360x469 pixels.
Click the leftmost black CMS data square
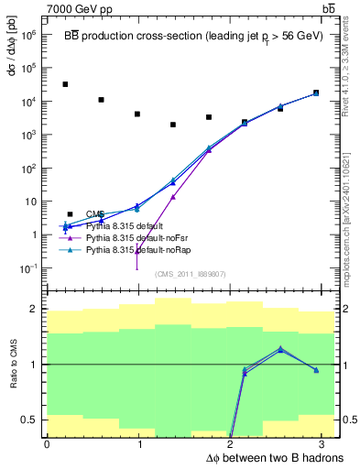pos(65,84)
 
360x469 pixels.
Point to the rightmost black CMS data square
pos(316,93)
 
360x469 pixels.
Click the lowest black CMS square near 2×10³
pos(172,125)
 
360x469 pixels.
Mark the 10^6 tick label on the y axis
pos(27,35)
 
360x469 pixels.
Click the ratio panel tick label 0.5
pos(32,420)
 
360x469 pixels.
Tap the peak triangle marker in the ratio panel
pos(280,349)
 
